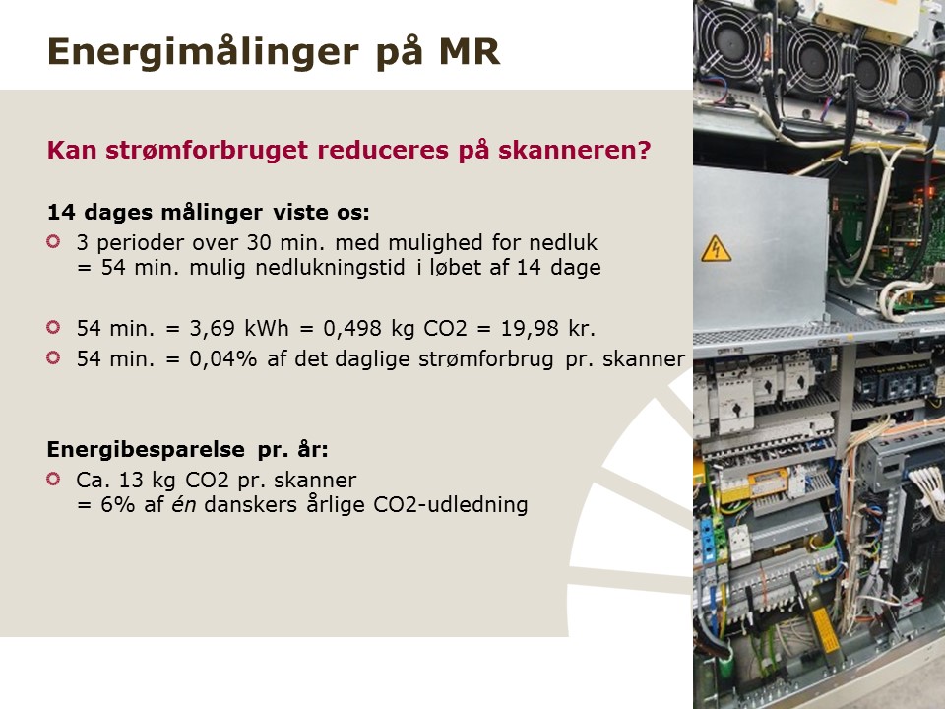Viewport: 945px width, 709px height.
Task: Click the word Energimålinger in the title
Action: pos(203,53)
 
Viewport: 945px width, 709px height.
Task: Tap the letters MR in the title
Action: pos(470,51)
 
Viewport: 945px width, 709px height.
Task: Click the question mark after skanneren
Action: pos(644,150)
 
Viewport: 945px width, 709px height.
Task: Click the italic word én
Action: pos(184,504)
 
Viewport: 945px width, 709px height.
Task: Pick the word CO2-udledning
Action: pos(450,504)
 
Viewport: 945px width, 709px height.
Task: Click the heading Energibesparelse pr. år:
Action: pos(188,450)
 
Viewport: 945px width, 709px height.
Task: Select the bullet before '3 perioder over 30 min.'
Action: pos(53,242)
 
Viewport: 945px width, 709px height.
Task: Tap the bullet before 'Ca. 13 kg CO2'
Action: pos(53,480)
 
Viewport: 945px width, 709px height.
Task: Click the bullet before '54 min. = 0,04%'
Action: pos(53,358)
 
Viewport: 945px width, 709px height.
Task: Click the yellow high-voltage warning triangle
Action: pos(716,249)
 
